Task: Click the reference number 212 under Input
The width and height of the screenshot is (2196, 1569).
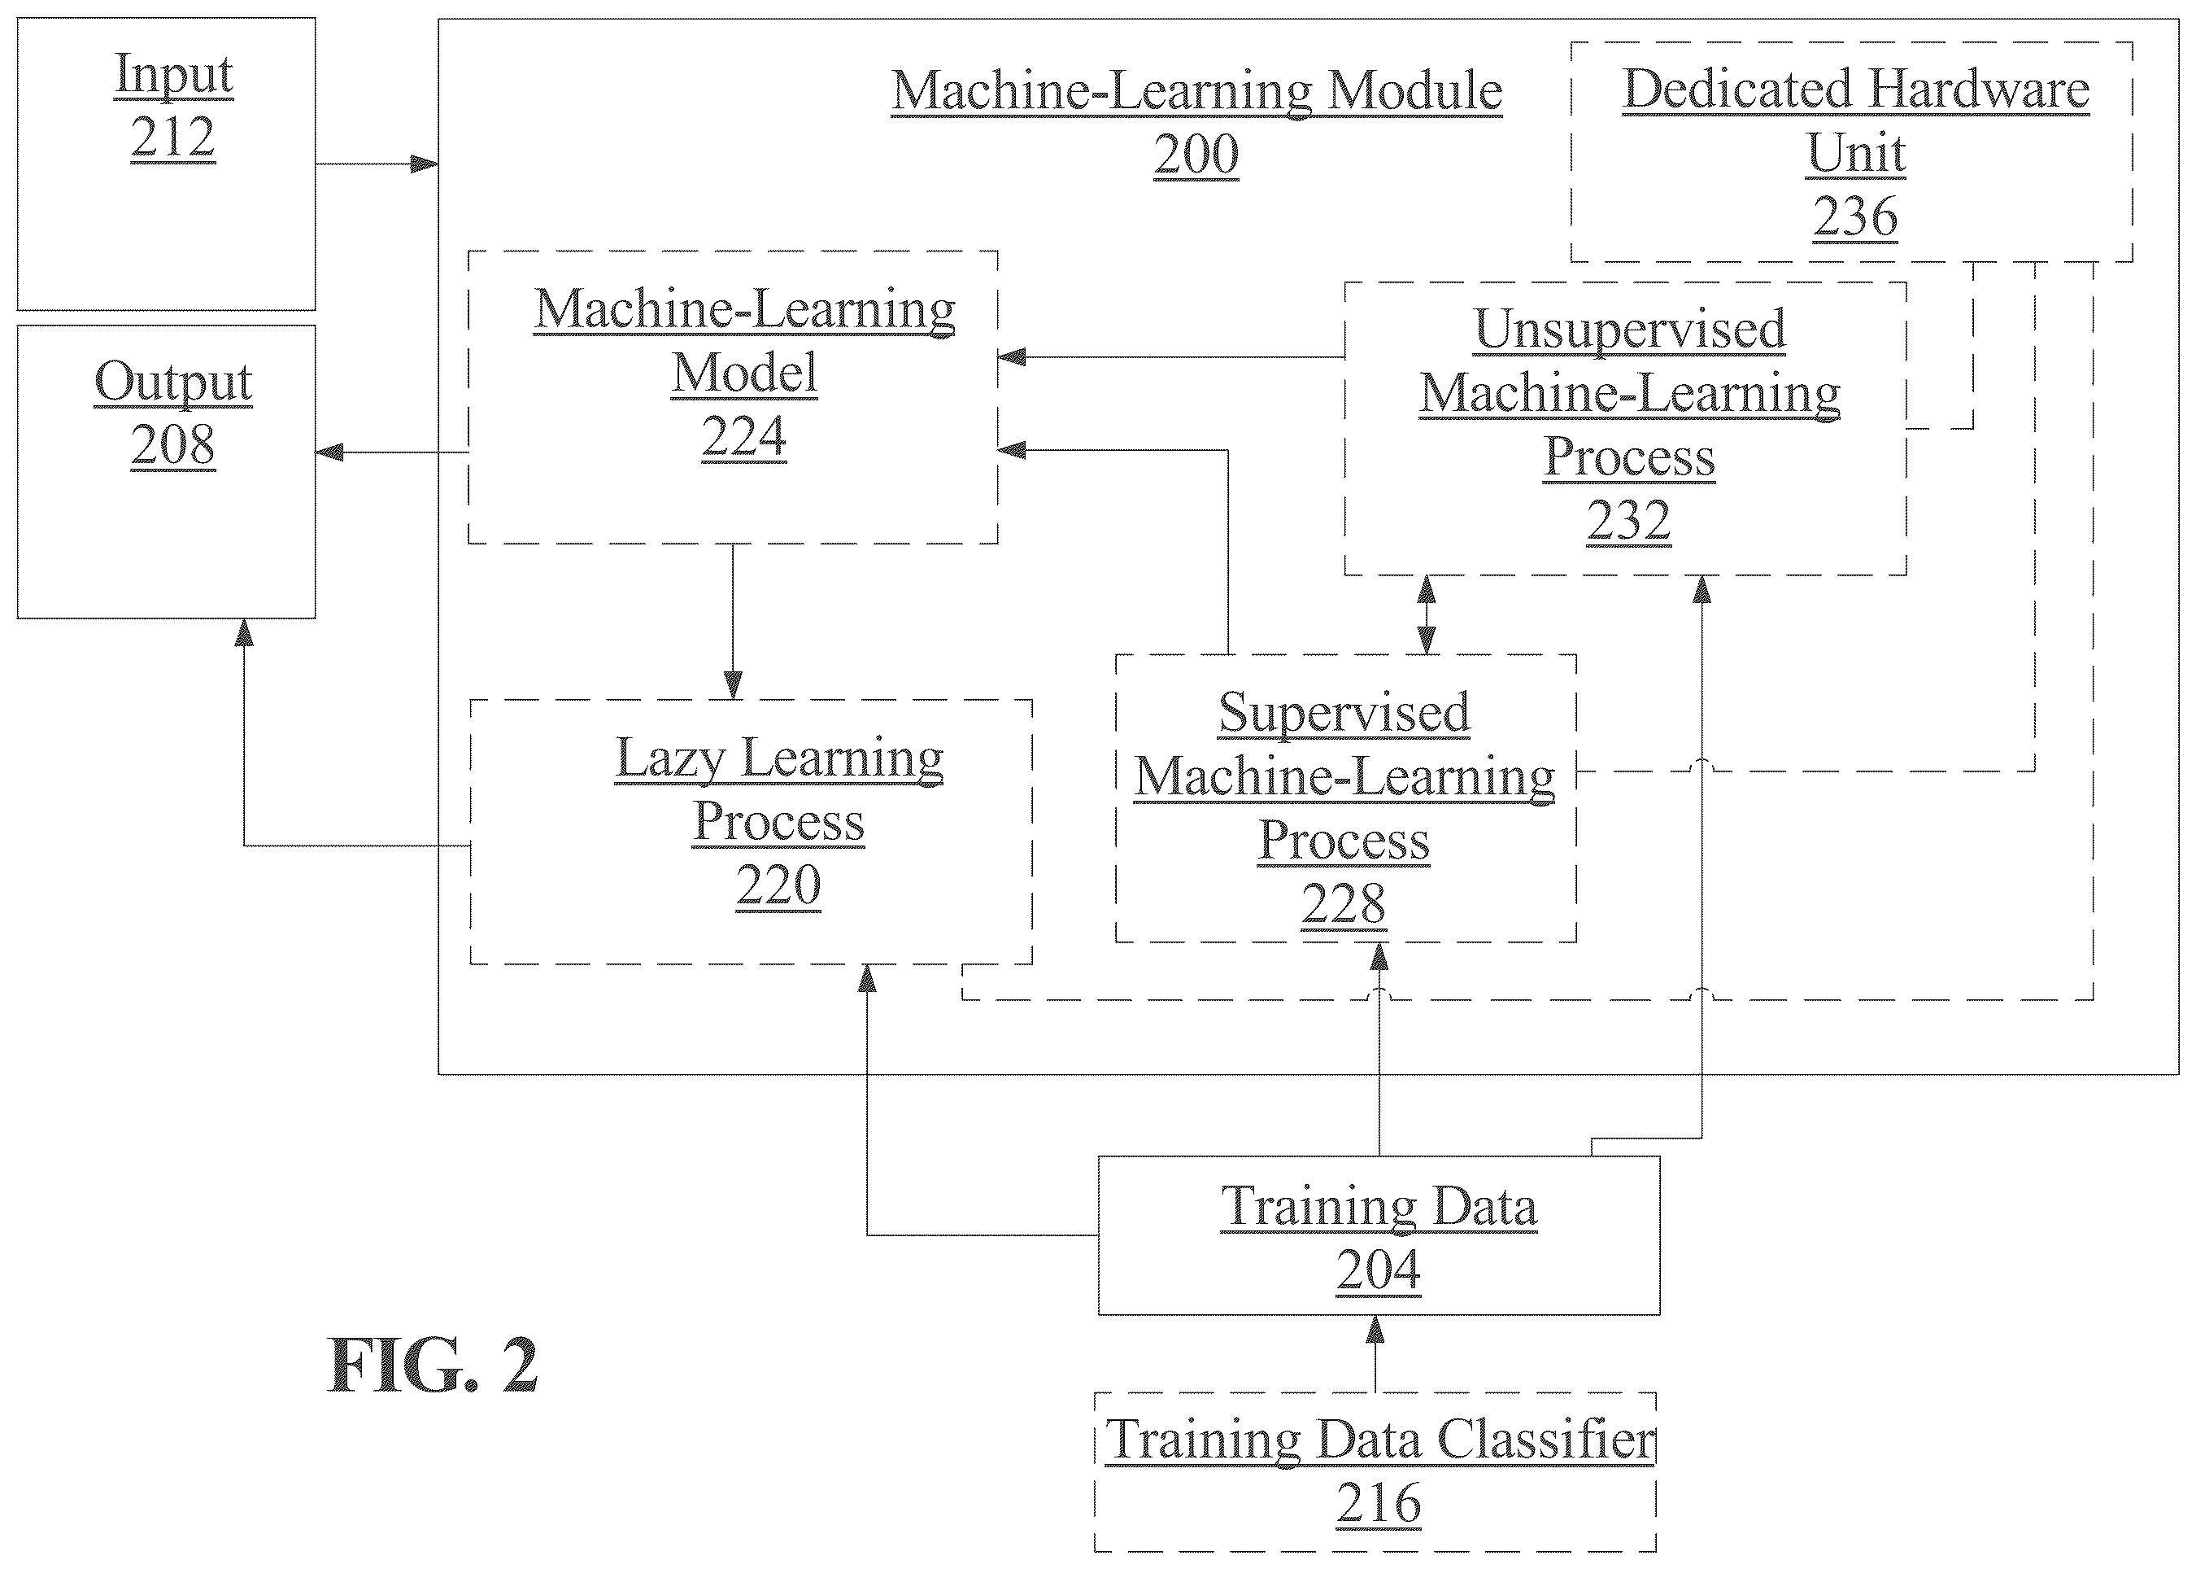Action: point(173,138)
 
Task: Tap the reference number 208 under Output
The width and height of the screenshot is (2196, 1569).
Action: point(173,445)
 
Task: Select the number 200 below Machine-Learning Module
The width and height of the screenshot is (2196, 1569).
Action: point(1196,155)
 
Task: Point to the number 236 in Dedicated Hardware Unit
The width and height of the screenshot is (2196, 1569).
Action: point(1855,216)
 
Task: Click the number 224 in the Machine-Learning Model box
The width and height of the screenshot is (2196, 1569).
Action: point(743,437)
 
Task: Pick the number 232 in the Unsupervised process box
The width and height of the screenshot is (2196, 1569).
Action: point(1629,522)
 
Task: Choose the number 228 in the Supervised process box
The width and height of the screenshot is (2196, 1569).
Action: point(1344,904)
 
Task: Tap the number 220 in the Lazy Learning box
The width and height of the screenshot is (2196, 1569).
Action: point(778,885)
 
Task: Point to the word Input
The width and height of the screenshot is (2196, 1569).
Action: point(174,74)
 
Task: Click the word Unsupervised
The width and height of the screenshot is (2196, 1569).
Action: point(1630,330)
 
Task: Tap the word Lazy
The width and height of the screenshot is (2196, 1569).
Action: point(670,759)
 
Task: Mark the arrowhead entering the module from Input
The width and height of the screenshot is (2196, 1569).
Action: point(425,164)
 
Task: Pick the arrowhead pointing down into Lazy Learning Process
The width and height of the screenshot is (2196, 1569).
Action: point(733,685)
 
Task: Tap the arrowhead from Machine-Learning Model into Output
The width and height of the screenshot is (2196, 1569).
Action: point(330,451)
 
